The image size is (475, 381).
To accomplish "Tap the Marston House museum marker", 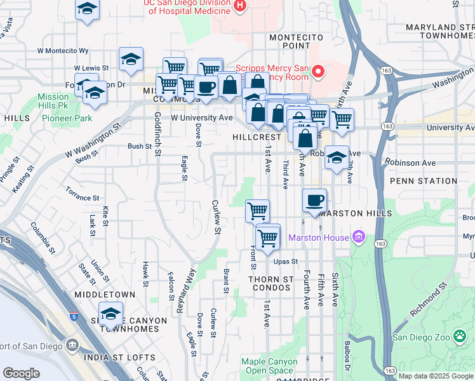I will click(358, 237).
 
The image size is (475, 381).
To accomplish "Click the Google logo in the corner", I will click(21, 373).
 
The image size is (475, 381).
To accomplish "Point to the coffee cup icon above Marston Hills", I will click(314, 201).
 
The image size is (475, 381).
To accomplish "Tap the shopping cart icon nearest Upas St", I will click(268, 238).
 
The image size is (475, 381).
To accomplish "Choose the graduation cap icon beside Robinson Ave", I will click(337, 157).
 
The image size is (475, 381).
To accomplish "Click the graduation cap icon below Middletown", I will click(110, 314).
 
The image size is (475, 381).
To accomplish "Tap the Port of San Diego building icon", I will click(71, 346).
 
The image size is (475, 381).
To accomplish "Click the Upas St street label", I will click(286, 262).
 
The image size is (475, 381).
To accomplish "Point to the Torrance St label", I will click(83, 193).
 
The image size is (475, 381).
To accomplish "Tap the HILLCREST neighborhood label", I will click(256, 137).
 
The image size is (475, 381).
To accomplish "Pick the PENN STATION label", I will click(423, 181).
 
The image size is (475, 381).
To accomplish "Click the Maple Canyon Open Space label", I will click(269, 366).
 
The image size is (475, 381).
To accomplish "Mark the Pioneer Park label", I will click(67, 118).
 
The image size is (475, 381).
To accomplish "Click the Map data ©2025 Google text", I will click(435, 376).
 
